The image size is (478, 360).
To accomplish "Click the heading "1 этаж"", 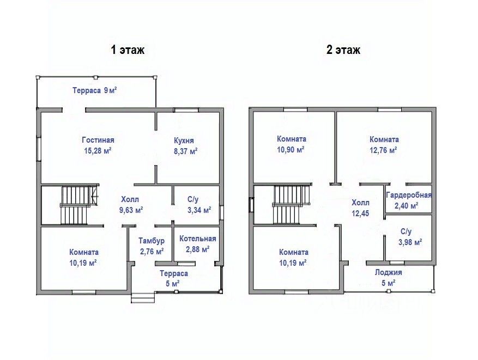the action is pyautogui.click(x=128, y=50).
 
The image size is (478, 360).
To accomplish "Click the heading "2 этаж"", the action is pyautogui.click(x=343, y=50).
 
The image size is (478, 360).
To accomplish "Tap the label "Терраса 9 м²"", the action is pyautogui.click(x=95, y=90).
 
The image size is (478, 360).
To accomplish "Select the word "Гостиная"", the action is pyautogui.click(x=98, y=140).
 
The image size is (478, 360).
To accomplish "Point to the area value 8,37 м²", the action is pyautogui.click(x=186, y=151).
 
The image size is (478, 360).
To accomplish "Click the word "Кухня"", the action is pyautogui.click(x=184, y=141).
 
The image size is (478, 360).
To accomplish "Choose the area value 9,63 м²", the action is pyautogui.click(x=131, y=210).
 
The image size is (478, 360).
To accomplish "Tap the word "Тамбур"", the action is pyautogui.click(x=152, y=241).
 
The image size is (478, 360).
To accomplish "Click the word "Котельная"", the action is pyautogui.click(x=197, y=239).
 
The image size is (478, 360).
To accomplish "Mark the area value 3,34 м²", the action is pyautogui.click(x=199, y=210).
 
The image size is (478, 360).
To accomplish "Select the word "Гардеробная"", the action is pyautogui.click(x=409, y=195).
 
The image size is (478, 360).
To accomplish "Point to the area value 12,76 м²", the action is pyautogui.click(x=383, y=150).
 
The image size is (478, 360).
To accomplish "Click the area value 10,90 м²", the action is pyautogui.click(x=292, y=150).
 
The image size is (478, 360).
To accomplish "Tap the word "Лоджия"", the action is pyautogui.click(x=389, y=272).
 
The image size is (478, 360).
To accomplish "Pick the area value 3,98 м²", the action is pyautogui.click(x=410, y=242).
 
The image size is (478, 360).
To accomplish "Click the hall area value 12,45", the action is pyautogui.click(x=360, y=213).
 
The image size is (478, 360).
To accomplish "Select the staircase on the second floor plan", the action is pyautogui.click(x=291, y=205).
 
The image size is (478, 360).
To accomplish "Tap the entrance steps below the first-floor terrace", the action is pyautogui.click(x=143, y=297).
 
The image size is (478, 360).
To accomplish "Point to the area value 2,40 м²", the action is pyautogui.click(x=407, y=206).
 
